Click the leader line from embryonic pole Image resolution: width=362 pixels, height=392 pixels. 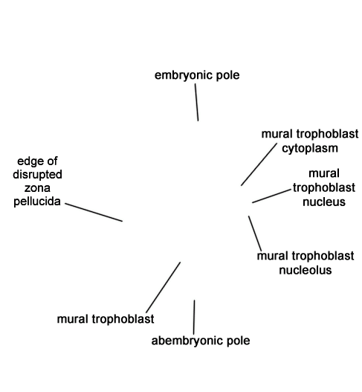pyautogui.click(x=197, y=102)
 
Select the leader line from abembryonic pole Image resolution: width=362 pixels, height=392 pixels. pyautogui.click(x=194, y=318)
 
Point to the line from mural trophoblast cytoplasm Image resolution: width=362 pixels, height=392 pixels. pyautogui.click(x=259, y=164)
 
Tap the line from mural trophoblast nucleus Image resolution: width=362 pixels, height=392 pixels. pyautogui.click(x=272, y=196)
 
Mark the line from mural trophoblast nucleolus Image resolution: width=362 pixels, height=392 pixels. pyautogui.click(x=255, y=234)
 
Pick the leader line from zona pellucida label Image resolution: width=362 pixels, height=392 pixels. pyautogui.click(x=94, y=212)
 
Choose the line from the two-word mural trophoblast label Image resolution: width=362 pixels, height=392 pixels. pyautogui.click(x=163, y=287)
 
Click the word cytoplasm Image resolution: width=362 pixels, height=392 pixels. pyautogui.click(x=310, y=148)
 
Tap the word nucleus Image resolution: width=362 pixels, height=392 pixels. pyautogui.click(x=324, y=202)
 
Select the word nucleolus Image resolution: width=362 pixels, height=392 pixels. pyautogui.click(x=305, y=270)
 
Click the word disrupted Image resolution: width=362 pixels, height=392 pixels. pyautogui.click(x=37, y=174)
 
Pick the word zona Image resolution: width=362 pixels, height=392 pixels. pyautogui.click(x=37, y=188)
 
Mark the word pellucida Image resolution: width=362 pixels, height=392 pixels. pyautogui.click(x=37, y=202)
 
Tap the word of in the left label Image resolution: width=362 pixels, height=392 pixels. pyautogui.click(x=53, y=161)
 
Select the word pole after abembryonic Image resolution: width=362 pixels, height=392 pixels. pyautogui.click(x=238, y=341)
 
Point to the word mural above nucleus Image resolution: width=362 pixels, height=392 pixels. pyautogui.click(x=324, y=173)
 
